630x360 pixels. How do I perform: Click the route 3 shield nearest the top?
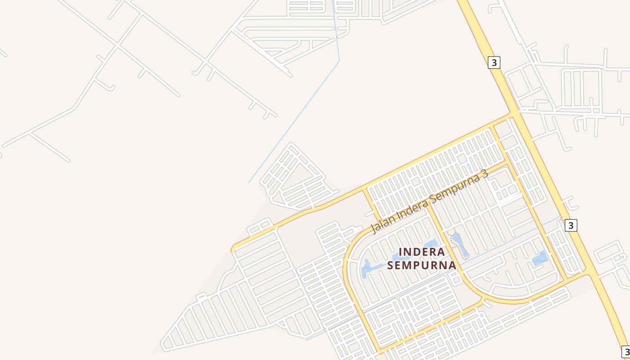494,63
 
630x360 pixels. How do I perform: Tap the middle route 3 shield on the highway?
571,225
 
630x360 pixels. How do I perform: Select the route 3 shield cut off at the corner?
626,351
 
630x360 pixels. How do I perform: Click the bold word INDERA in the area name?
422,252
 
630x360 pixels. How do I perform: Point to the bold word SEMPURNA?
422,265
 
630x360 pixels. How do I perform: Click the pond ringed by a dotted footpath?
459,245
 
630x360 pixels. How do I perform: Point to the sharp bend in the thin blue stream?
339,60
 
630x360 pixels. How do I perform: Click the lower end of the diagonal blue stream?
249,182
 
